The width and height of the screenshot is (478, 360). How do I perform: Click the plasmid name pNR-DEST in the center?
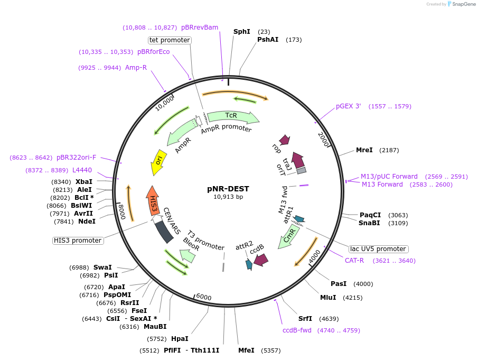[228, 189]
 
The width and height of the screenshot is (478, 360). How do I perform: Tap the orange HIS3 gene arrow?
[153, 200]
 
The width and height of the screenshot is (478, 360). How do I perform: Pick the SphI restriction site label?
[242, 32]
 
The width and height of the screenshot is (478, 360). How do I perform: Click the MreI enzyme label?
[364, 150]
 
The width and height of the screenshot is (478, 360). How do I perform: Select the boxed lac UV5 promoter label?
[379, 249]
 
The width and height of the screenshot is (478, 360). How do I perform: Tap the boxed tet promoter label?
[170, 40]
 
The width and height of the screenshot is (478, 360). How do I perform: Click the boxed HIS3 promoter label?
[78, 241]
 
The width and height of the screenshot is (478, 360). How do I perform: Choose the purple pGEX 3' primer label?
[349, 106]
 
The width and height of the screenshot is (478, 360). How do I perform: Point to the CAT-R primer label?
[354, 260]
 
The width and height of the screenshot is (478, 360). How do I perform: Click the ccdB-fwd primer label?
[297, 330]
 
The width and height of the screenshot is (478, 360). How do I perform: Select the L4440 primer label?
[82, 170]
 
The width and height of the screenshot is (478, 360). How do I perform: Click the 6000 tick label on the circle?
[203, 297]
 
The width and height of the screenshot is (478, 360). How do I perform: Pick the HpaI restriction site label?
[180, 338]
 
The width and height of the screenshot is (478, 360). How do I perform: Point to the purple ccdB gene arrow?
[260, 259]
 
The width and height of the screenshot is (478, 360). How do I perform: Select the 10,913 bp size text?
[228, 197]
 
